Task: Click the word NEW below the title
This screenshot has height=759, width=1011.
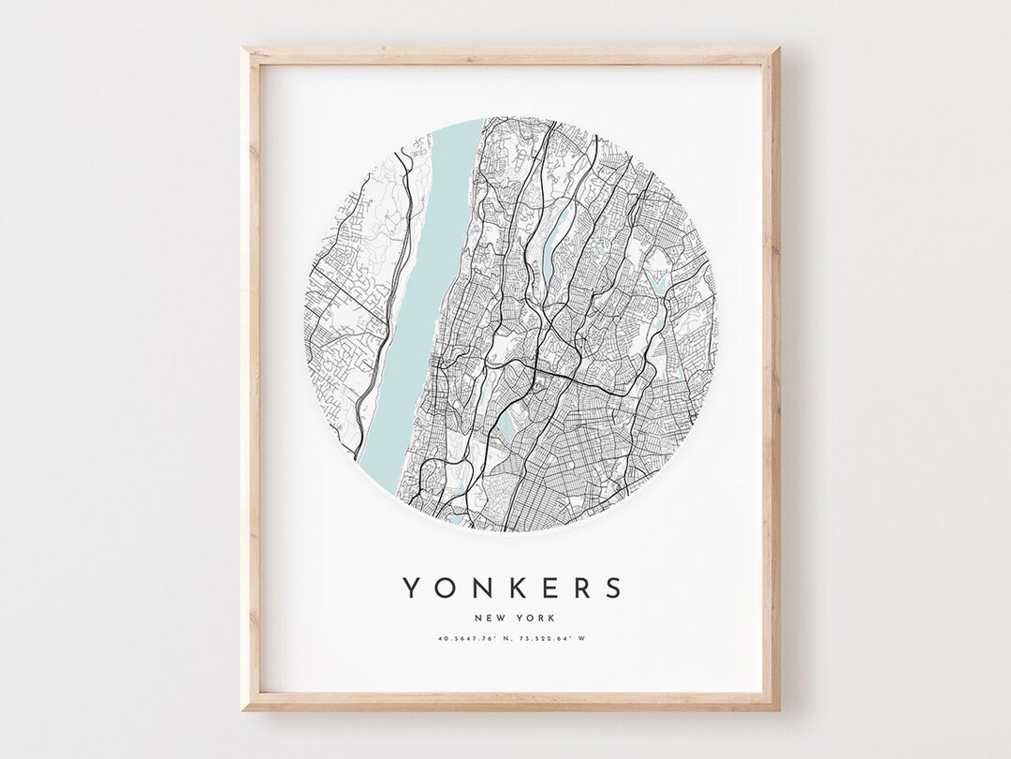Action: pyautogui.click(x=490, y=618)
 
